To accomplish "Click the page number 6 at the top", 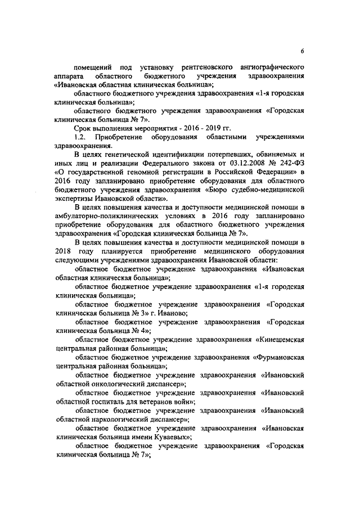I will click(302, 51).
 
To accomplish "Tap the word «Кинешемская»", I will click(280, 339).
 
